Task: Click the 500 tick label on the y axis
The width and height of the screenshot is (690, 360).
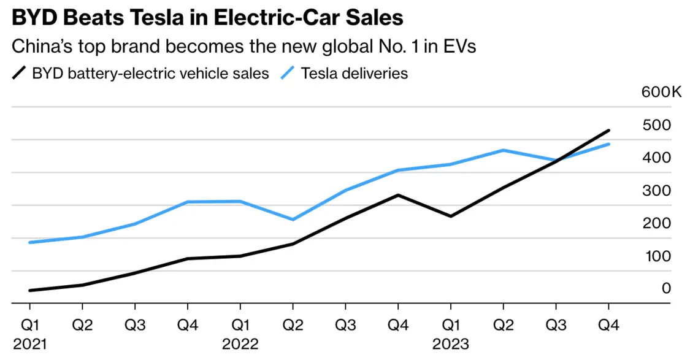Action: (657, 125)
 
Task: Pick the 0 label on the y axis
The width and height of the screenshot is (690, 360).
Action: (665, 288)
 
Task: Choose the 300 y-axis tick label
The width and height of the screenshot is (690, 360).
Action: (657, 190)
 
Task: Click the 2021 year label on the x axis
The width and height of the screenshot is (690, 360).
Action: (29, 343)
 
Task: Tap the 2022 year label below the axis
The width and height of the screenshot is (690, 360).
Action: (240, 343)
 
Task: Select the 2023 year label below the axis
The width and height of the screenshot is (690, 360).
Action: (451, 343)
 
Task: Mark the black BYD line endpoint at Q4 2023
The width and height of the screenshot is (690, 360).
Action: (608, 130)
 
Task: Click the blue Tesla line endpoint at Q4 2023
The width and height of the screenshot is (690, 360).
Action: (608, 144)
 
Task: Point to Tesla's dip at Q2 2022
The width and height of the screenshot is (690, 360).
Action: (293, 220)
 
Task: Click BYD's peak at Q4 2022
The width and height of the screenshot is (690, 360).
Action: (398, 195)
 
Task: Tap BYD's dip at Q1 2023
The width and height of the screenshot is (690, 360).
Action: (451, 216)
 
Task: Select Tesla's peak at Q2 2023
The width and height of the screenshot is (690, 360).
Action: (504, 150)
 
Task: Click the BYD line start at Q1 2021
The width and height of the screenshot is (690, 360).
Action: (29, 291)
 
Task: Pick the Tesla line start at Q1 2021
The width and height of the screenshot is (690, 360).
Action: (29, 242)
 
